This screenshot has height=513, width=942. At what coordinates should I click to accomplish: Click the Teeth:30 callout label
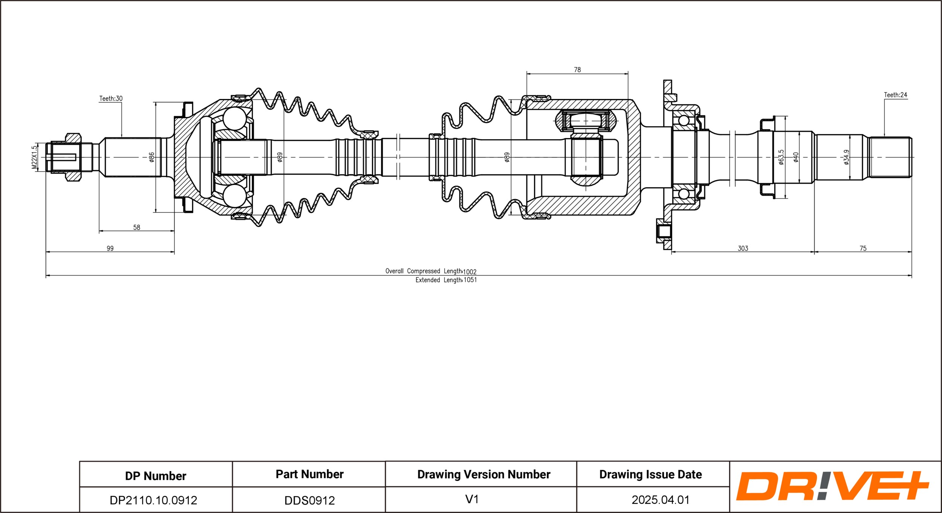tap(111, 99)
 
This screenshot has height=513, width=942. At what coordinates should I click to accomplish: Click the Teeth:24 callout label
tap(896, 95)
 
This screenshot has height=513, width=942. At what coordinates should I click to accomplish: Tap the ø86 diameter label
tap(151, 157)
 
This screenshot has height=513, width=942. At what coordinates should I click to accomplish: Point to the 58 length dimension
tap(137, 227)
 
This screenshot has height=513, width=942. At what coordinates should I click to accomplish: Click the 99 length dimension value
tap(110, 248)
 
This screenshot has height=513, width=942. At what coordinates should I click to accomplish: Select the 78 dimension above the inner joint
tap(577, 70)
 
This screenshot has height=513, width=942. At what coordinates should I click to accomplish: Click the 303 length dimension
tap(743, 248)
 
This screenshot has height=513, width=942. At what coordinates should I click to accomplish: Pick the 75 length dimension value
tap(863, 248)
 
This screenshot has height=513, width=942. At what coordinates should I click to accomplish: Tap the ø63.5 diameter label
tap(781, 157)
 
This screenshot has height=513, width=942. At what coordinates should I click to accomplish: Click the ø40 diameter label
tap(796, 157)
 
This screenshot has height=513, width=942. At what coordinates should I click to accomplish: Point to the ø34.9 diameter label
tap(846, 157)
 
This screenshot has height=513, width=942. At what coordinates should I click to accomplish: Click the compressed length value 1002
tap(470, 272)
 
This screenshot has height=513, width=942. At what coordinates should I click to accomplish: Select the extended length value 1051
tap(470, 280)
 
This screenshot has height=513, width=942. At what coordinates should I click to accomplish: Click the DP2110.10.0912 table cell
tap(153, 500)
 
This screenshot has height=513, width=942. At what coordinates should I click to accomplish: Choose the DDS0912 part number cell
tap(310, 500)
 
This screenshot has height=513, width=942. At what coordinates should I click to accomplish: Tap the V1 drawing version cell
tap(472, 499)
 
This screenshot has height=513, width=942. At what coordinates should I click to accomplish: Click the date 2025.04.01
tap(661, 500)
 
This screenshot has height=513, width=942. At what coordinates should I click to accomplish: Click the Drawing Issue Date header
tap(651, 475)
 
